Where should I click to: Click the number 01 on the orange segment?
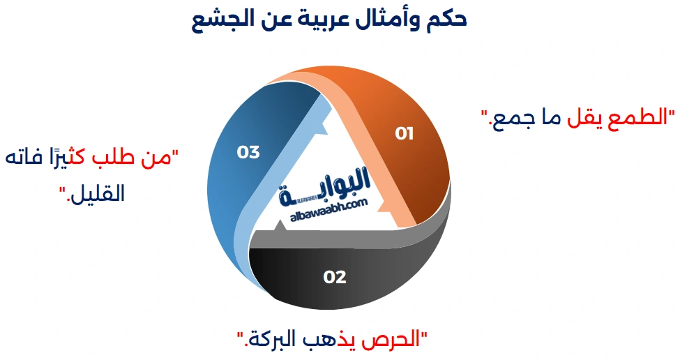tap(404, 133)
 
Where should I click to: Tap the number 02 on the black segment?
tap(335, 277)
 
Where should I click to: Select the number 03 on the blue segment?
tap(248, 151)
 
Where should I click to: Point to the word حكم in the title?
tap(446, 19)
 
